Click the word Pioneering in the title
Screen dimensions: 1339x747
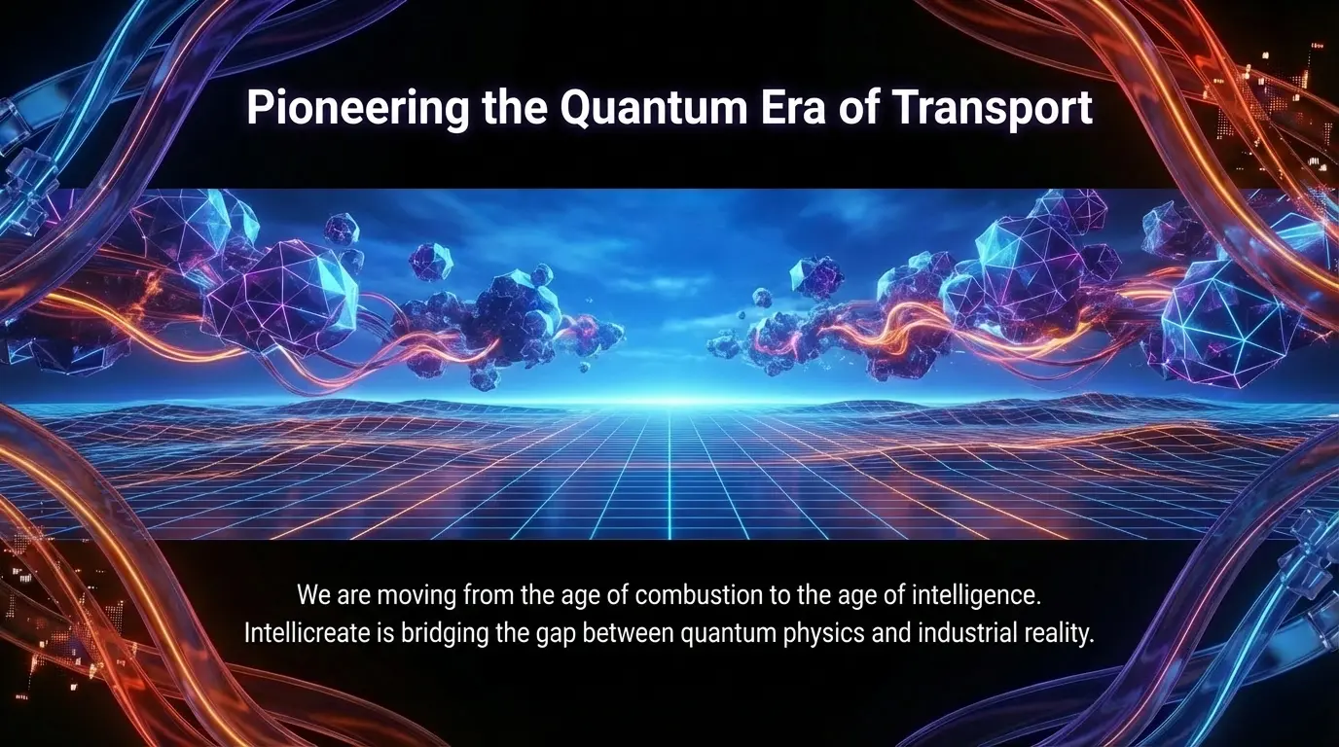coord(357,108)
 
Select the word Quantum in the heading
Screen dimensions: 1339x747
coord(653,108)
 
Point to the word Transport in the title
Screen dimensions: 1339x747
coord(993,108)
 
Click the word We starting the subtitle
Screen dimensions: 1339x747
coord(313,595)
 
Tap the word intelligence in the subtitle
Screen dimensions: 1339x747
coord(976,596)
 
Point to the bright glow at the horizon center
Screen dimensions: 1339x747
coord(669,399)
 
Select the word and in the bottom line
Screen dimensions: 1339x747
coord(891,633)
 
